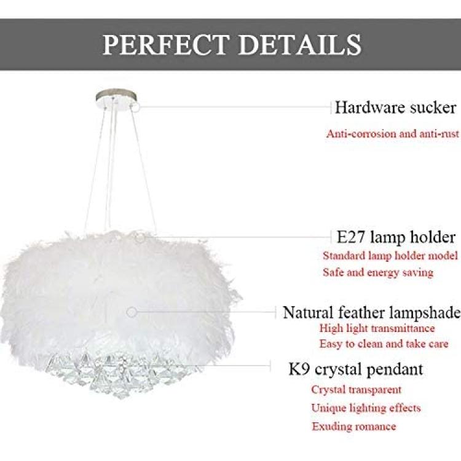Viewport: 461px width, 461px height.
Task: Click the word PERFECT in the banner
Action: click(166, 44)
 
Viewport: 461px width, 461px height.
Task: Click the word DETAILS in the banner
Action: click(299, 44)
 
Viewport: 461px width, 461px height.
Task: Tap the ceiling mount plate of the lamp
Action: click(116, 99)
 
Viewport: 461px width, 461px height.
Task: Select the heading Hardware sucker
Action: click(395, 108)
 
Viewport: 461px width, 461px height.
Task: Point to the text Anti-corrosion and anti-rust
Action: click(393, 134)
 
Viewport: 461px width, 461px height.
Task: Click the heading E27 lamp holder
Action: click(396, 237)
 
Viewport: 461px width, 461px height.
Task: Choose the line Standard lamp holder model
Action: click(390, 256)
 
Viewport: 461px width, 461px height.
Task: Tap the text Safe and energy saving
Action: click(378, 272)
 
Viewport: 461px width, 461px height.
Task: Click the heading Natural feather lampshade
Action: click(372, 312)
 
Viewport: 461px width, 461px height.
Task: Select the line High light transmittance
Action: click(377, 328)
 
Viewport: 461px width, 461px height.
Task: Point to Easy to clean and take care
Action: click(384, 344)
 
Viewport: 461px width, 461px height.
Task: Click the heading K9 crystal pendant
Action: click(356, 369)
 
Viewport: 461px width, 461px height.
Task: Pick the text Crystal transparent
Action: click(356, 390)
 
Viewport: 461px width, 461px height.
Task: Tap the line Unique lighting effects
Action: click(366, 408)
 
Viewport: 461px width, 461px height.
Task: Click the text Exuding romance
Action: click(353, 427)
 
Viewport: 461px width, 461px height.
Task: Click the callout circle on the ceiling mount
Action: click(136, 108)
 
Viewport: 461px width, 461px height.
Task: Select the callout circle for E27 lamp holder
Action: click(140, 237)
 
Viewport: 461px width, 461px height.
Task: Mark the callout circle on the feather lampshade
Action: click(132, 312)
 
